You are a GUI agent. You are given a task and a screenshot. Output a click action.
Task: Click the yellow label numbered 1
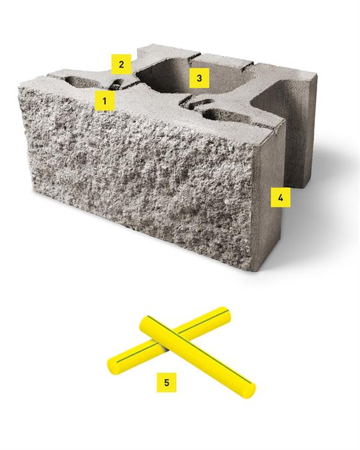click(105, 101)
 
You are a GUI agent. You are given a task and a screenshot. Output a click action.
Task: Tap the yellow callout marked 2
click(121, 64)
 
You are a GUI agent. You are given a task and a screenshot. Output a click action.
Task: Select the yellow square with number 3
click(199, 78)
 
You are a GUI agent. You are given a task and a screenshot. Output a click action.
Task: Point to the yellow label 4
click(280, 197)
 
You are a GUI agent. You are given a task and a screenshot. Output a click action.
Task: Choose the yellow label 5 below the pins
click(167, 382)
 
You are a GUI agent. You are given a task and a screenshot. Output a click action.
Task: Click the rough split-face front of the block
click(138, 175)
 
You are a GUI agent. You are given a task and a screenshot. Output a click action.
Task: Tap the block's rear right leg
click(301, 129)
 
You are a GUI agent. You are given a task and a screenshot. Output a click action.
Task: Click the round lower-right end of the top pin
click(249, 391)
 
